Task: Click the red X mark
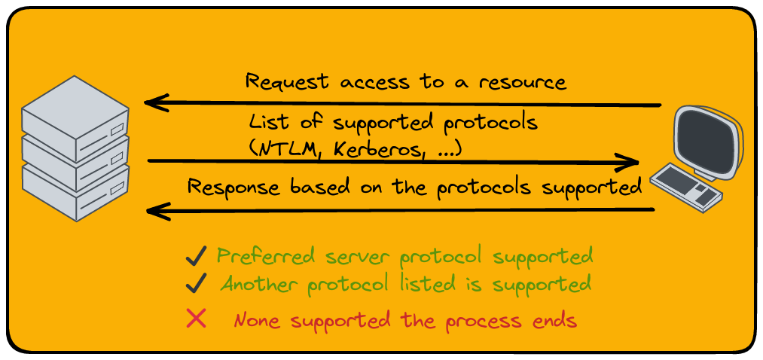pos(196,319)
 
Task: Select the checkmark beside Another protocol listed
pos(196,284)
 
